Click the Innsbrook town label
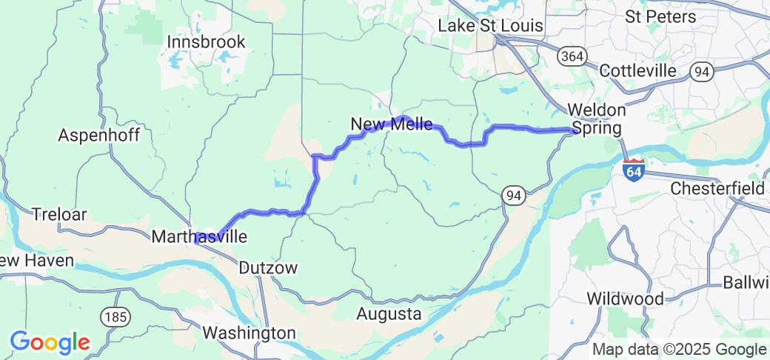pyautogui.click(x=206, y=42)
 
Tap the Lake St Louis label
pyautogui.click(x=490, y=25)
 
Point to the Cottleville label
pyautogui.click(x=637, y=70)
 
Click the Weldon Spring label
pyautogui.click(x=597, y=119)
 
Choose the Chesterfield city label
pyautogui.click(x=717, y=189)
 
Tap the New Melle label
pyautogui.click(x=392, y=124)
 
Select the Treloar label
pyautogui.click(x=59, y=215)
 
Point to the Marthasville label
pyautogui.click(x=198, y=237)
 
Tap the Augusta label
pyautogui.click(x=389, y=314)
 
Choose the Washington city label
pyautogui.click(x=249, y=333)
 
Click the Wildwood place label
pyautogui.click(x=625, y=299)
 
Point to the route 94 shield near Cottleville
pyautogui.click(x=700, y=71)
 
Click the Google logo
pyautogui.click(x=49, y=342)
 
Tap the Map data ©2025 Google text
pyautogui.click(x=678, y=349)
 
